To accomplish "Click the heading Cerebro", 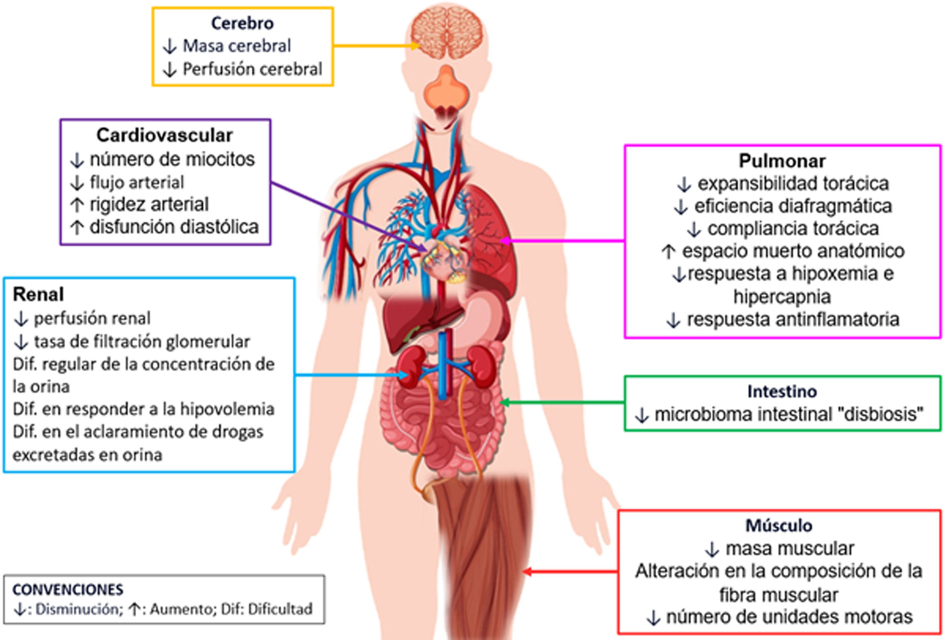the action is (242, 23).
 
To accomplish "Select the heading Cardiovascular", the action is (164, 135).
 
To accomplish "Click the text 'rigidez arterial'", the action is (149, 204).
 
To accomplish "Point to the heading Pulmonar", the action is (782, 161).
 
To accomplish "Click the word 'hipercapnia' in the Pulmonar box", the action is (782, 296).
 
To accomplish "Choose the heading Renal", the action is (38, 294).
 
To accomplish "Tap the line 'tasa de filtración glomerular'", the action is (142, 342).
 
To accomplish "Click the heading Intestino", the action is (782, 391).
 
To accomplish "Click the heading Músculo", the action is (779, 525).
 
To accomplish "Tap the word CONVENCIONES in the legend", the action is (68, 590).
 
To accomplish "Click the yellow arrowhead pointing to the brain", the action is (415, 46).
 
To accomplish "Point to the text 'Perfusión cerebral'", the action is (252, 69).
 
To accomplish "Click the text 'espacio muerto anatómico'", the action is (793, 251).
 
